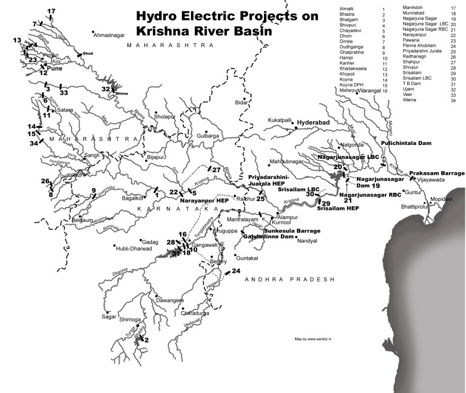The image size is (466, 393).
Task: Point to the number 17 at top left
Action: [x=51, y=12]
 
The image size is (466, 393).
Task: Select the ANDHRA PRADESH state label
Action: [x=291, y=279]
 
